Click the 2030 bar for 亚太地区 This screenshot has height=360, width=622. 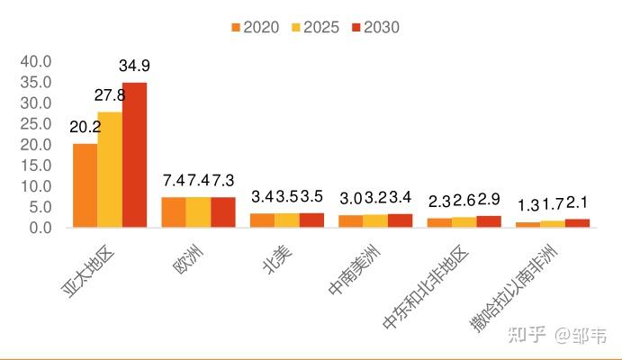click(x=134, y=155)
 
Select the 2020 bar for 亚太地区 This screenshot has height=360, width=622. click(x=86, y=185)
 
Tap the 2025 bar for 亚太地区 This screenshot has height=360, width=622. click(x=110, y=170)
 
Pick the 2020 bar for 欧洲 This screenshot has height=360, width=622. click(x=174, y=212)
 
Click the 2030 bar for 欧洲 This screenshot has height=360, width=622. click(x=223, y=212)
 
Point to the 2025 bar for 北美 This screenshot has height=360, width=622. click(x=287, y=220)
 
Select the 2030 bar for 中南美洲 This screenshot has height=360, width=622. click(x=400, y=220)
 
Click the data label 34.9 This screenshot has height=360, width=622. click(x=134, y=66)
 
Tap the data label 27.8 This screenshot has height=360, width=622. click(x=110, y=95)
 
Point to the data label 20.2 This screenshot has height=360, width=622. click(x=86, y=127)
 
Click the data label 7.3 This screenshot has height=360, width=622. click(x=223, y=180)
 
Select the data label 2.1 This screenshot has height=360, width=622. click(x=577, y=203)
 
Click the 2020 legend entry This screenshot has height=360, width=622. click(x=256, y=27)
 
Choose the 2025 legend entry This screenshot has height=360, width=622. click(x=315, y=27)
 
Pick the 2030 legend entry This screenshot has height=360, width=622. click(x=375, y=27)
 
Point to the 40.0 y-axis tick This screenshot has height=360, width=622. click(x=36, y=61)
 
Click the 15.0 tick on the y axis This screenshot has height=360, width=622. click(x=36, y=166)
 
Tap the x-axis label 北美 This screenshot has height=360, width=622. click(x=277, y=260)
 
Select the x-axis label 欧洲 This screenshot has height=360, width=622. click(x=187, y=259)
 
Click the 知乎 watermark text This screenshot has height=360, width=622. click(x=527, y=335)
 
